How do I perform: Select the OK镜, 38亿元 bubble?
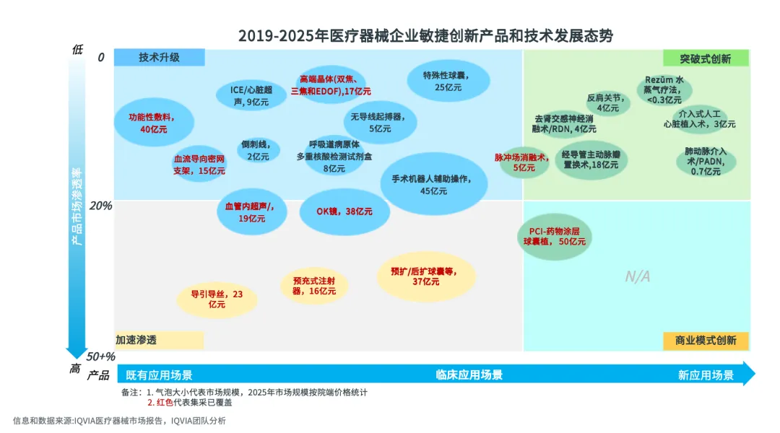(x=344, y=211)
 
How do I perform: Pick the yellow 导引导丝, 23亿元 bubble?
(x=217, y=299)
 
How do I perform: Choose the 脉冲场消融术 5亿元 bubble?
(x=524, y=162)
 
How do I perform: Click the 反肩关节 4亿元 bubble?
(x=607, y=102)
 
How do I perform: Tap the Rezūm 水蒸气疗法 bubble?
(x=663, y=89)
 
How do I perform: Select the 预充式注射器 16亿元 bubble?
(x=314, y=286)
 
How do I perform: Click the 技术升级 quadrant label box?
(x=160, y=58)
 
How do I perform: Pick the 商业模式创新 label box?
(x=706, y=341)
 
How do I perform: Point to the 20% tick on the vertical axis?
(x=100, y=206)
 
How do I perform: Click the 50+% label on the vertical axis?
(x=100, y=357)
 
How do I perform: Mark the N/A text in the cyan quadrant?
(x=638, y=276)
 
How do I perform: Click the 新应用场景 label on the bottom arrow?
(x=706, y=375)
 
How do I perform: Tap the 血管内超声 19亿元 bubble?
(x=250, y=212)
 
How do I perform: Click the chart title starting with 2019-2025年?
(x=425, y=35)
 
